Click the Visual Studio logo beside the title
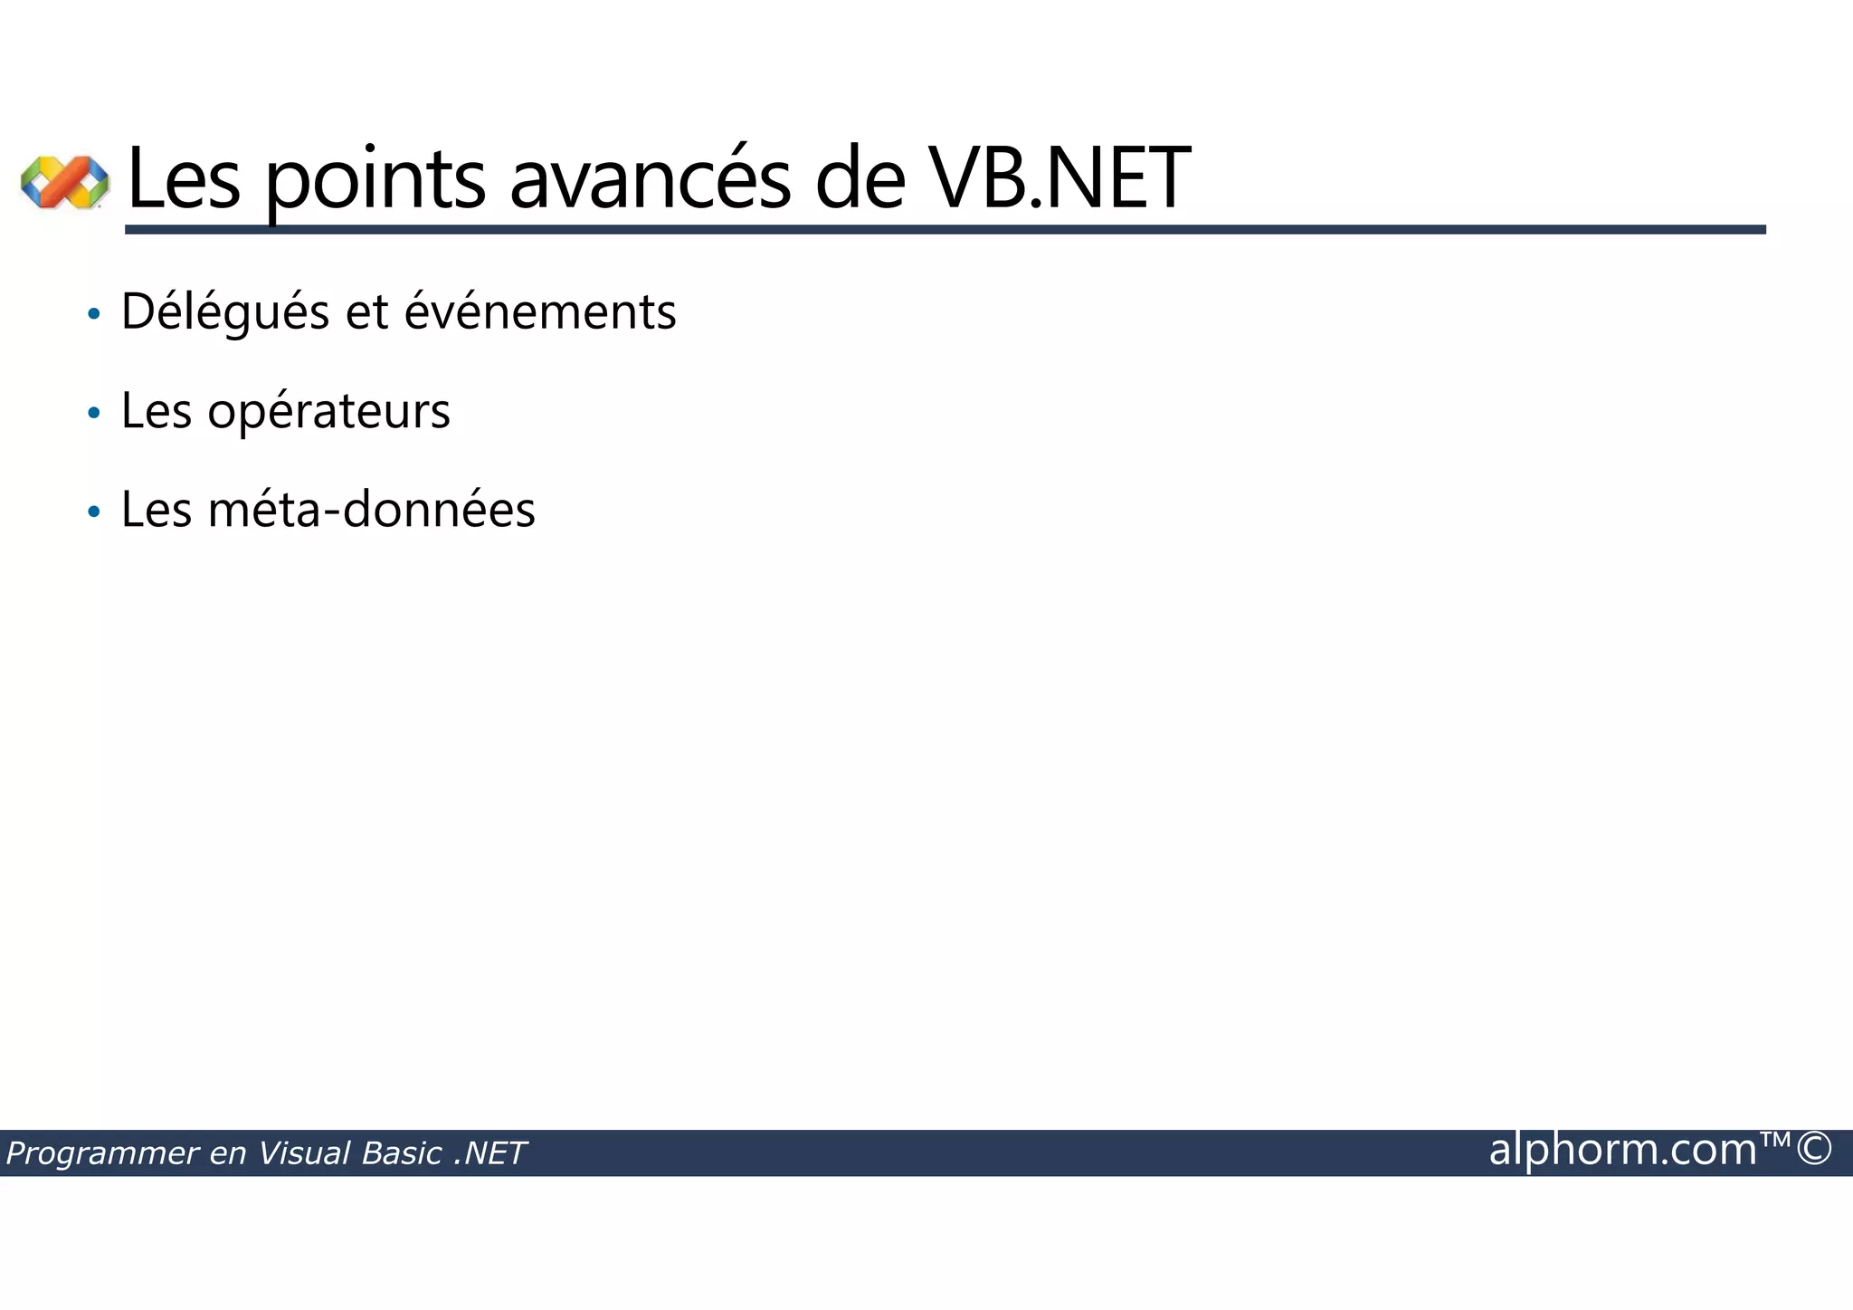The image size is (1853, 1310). coord(64,181)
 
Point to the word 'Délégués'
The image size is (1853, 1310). coord(225,312)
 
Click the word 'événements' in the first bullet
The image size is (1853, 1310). coord(540,312)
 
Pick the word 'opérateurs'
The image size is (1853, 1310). coord(328,412)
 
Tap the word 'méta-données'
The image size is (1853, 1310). coord(372,510)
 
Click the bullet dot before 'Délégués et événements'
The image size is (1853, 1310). coord(93,315)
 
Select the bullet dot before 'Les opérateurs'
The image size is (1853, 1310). coord(93,414)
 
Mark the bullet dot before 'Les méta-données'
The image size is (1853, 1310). coord(93,512)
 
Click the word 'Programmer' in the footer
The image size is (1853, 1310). coord(102,1154)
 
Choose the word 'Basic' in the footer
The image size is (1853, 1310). coord(401,1153)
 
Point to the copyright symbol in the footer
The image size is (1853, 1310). coord(1814,1150)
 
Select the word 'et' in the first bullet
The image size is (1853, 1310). coord(366,312)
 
